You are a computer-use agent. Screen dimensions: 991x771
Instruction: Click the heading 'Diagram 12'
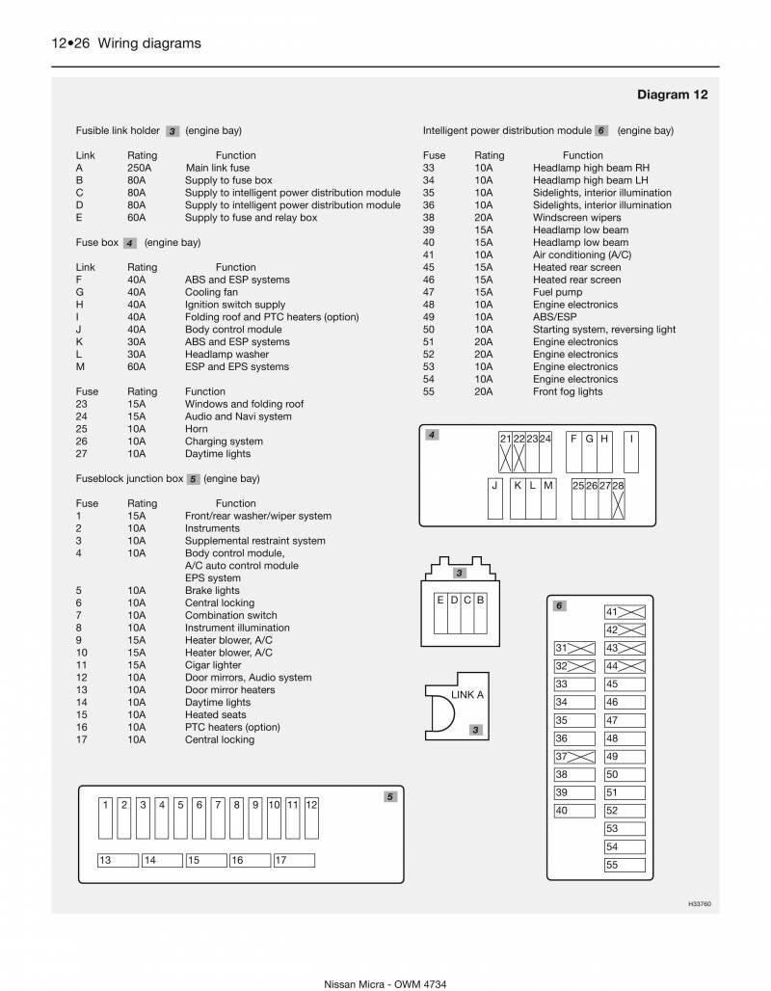click(672, 94)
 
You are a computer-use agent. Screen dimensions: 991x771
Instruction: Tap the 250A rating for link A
click(138, 168)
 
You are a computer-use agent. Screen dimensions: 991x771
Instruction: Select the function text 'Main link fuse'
click(218, 168)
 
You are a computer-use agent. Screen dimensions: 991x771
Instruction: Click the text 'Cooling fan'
click(211, 292)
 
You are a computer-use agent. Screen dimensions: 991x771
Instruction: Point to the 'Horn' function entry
click(196, 429)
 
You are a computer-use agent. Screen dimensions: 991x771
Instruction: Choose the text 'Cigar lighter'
click(213, 665)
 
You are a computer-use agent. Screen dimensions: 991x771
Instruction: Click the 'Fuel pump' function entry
click(557, 292)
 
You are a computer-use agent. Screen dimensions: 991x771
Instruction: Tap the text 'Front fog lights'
click(568, 391)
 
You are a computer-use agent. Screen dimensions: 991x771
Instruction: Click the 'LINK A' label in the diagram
click(467, 694)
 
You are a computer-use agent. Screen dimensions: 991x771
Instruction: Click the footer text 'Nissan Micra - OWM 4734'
click(385, 982)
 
